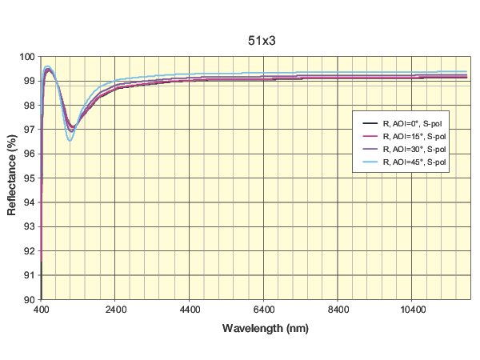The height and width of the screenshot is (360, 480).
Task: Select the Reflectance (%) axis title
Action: pos(13,178)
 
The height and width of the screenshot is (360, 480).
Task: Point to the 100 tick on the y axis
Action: pos(27,57)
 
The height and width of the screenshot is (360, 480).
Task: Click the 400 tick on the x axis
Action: pos(42,307)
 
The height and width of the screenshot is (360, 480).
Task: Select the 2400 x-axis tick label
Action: pos(115,307)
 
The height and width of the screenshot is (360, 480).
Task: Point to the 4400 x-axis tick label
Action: pos(190,307)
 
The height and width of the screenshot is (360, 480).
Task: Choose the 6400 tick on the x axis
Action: pos(264,307)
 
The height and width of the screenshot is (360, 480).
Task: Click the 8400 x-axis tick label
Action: pos(338,307)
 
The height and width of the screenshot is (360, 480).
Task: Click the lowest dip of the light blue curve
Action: pos(70,141)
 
